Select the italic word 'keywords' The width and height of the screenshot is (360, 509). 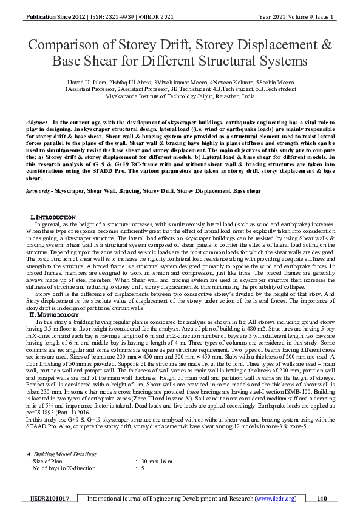tap(38, 190)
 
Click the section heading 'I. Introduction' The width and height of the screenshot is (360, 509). tap(53, 217)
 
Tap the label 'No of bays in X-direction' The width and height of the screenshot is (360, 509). tap(64, 468)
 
